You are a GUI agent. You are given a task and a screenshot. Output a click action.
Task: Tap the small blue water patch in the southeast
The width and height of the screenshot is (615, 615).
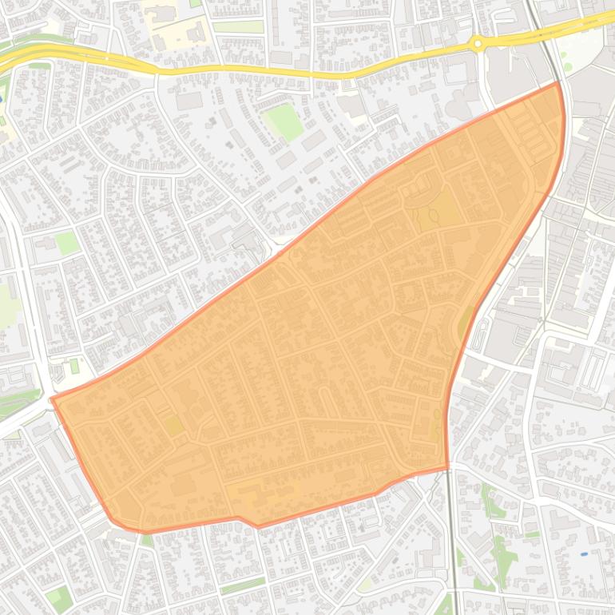tap(584, 553)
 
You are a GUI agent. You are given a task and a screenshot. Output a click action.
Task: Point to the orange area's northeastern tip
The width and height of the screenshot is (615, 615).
tap(557, 83)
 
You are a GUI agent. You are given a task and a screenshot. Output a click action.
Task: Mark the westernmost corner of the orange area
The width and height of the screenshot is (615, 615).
tap(52, 399)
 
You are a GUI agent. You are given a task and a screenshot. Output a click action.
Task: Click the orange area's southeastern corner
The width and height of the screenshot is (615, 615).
tap(447, 467)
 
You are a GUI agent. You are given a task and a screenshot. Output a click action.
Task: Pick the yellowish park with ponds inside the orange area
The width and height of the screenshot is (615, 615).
tap(435, 209)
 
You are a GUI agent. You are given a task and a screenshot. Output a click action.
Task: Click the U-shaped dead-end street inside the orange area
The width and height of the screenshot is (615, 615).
tap(323, 397)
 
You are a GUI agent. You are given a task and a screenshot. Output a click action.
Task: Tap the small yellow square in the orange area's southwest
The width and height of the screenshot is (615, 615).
tap(173, 426)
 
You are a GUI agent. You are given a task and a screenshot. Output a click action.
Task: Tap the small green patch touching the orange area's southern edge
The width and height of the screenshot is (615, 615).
tap(147, 539)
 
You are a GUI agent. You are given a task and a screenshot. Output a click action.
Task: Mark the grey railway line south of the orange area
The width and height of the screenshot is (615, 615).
tap(453, 543)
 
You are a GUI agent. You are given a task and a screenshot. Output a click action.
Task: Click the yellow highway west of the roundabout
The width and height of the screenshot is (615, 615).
tap(240, 72)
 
